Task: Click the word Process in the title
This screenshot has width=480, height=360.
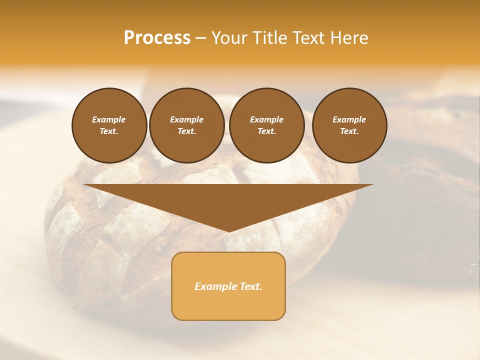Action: [157, 38]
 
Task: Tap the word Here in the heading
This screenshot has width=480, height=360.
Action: [349, 38]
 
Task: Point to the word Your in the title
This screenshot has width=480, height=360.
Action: [229, 38]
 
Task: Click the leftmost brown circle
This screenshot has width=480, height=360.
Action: [109, 125]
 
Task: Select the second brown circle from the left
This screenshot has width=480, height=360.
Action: [187, 125]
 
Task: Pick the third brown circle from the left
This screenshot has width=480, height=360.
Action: [267, 125]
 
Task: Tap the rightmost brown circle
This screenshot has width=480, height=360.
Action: [349, 125]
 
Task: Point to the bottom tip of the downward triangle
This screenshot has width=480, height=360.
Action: [229, 231]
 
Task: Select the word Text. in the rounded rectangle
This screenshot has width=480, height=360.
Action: [250, 286]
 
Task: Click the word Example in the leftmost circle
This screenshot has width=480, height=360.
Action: [109, 119]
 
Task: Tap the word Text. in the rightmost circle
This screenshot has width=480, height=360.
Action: [349, 131]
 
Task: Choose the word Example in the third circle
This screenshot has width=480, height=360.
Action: [267, 119]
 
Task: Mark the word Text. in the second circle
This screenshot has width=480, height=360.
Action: [187, 131]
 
